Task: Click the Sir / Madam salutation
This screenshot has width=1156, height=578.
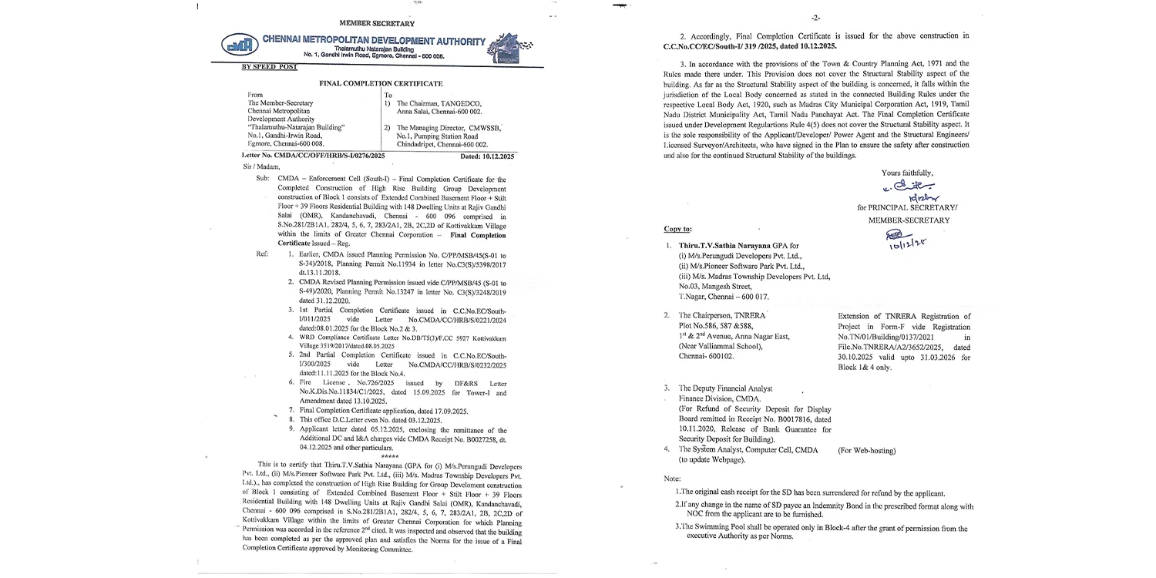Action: pos(260,166)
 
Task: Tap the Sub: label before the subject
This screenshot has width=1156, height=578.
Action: pos(264,177)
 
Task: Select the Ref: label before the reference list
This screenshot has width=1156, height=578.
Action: pos(263,253)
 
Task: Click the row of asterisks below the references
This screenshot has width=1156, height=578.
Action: pos(389,457)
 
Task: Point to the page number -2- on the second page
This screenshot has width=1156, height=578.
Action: pos(816,17)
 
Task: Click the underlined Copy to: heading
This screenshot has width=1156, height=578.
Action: pos(677,229)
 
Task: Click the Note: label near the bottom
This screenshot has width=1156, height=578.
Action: pos(672,479)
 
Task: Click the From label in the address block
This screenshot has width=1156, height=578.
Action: pos(256,95)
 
